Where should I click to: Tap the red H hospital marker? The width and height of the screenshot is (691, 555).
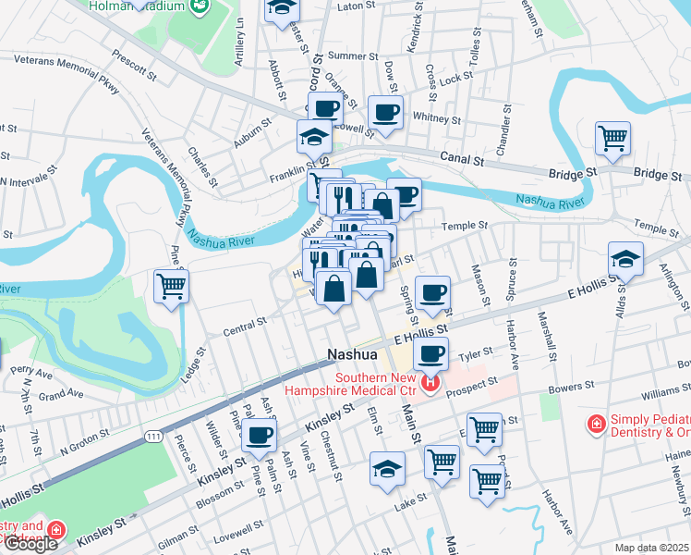click(x=430, y=382)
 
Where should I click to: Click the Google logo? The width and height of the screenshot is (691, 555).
click(x=30, y=543)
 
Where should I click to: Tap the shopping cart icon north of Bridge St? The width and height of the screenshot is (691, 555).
click(x=612, y=139)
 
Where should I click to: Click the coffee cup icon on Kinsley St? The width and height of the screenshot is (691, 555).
click(x=260, y=435)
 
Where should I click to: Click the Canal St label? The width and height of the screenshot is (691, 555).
click(x=462, y=158)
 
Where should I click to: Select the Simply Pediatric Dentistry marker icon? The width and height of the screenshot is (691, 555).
click(x=597, y=424)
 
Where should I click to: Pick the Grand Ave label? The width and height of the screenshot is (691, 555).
click(x=61, y=394)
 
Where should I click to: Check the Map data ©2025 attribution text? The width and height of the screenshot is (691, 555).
click(x=651, y=548)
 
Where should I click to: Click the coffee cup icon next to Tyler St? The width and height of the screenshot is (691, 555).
click(x=430, y=352)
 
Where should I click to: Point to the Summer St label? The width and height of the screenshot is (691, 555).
click(x=347, y=55)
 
